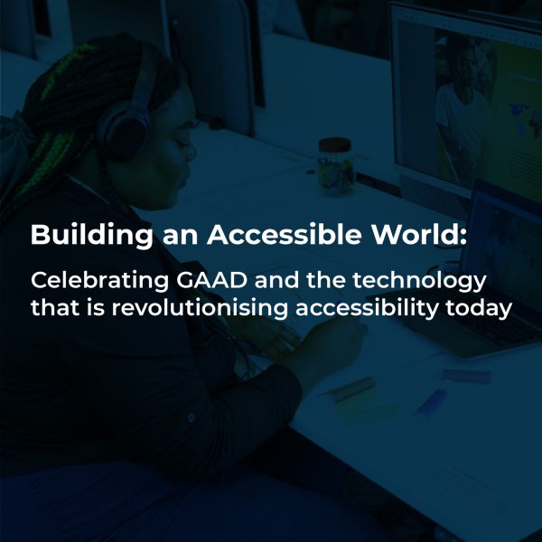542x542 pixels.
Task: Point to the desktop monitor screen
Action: click(x=470, y=99)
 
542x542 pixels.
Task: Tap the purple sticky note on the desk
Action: click(x=466, y=376)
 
